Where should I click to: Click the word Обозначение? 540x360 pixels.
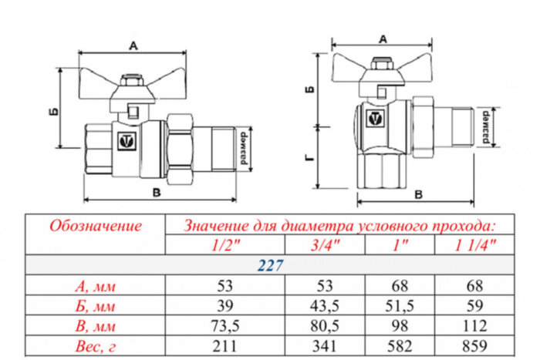point(96,226)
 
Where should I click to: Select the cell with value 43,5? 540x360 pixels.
point(326,304)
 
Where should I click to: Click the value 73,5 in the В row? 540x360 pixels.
point(225,324)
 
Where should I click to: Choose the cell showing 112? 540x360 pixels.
point(475,324)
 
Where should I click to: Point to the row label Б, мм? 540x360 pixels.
point(96,304)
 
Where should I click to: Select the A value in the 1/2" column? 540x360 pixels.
point(225,285)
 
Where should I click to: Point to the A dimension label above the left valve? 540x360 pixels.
point(133,46)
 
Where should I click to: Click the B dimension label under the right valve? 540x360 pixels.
point(418,193)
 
